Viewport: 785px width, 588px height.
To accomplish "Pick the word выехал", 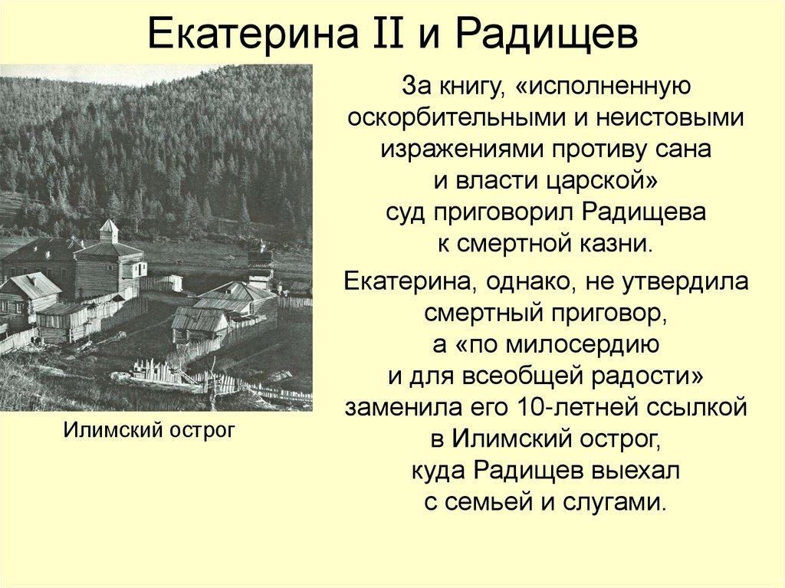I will tap(636, 470).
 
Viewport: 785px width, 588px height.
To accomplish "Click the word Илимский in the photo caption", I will tap(110, 430).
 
